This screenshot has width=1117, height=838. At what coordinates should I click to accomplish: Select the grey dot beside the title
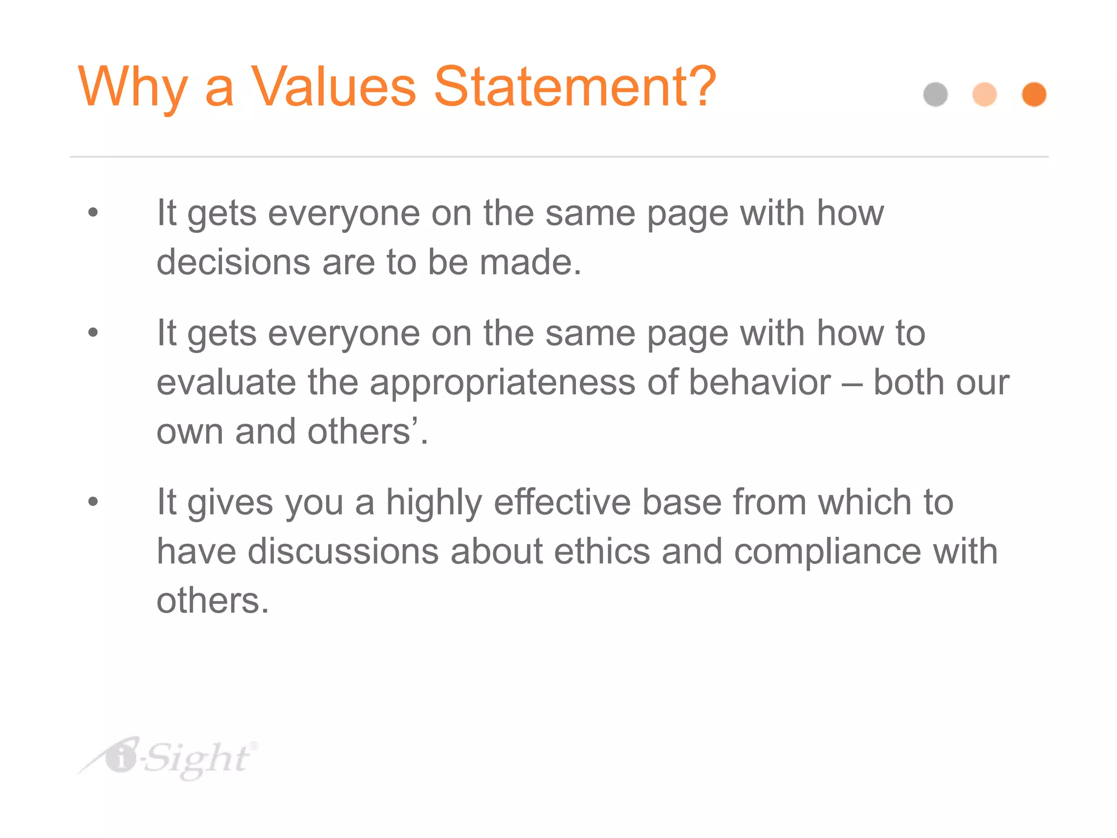[935, 94]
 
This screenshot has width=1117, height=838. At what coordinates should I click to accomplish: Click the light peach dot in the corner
[984, 94]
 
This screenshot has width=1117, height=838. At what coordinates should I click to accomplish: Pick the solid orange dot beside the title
[1034, 94]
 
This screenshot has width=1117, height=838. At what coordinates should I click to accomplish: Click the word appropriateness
[502, 382]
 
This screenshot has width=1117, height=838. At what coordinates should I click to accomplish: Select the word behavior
[760, 382]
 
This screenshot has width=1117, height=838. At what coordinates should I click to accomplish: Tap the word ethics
[602, 551]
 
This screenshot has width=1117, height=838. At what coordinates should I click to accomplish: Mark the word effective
[562, 502]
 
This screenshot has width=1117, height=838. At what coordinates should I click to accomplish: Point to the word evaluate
[226, 382]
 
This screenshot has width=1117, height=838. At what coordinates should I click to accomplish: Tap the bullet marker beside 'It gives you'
[93, 501]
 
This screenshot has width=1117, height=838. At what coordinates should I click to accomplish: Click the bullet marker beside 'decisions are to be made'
[93, 212]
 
